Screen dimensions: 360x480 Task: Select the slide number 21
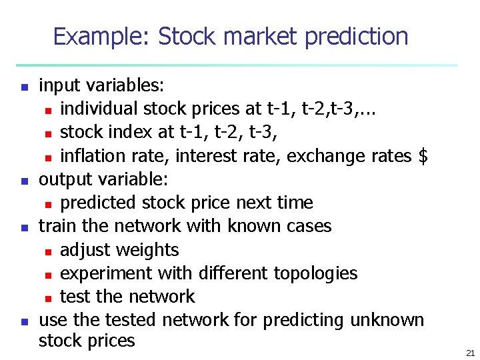click(x=470, y=352)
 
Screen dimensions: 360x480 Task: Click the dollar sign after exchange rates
click(x=421, y=156)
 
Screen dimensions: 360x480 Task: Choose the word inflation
click(x=89, y=156)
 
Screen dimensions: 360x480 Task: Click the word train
click(x=56, y=226)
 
